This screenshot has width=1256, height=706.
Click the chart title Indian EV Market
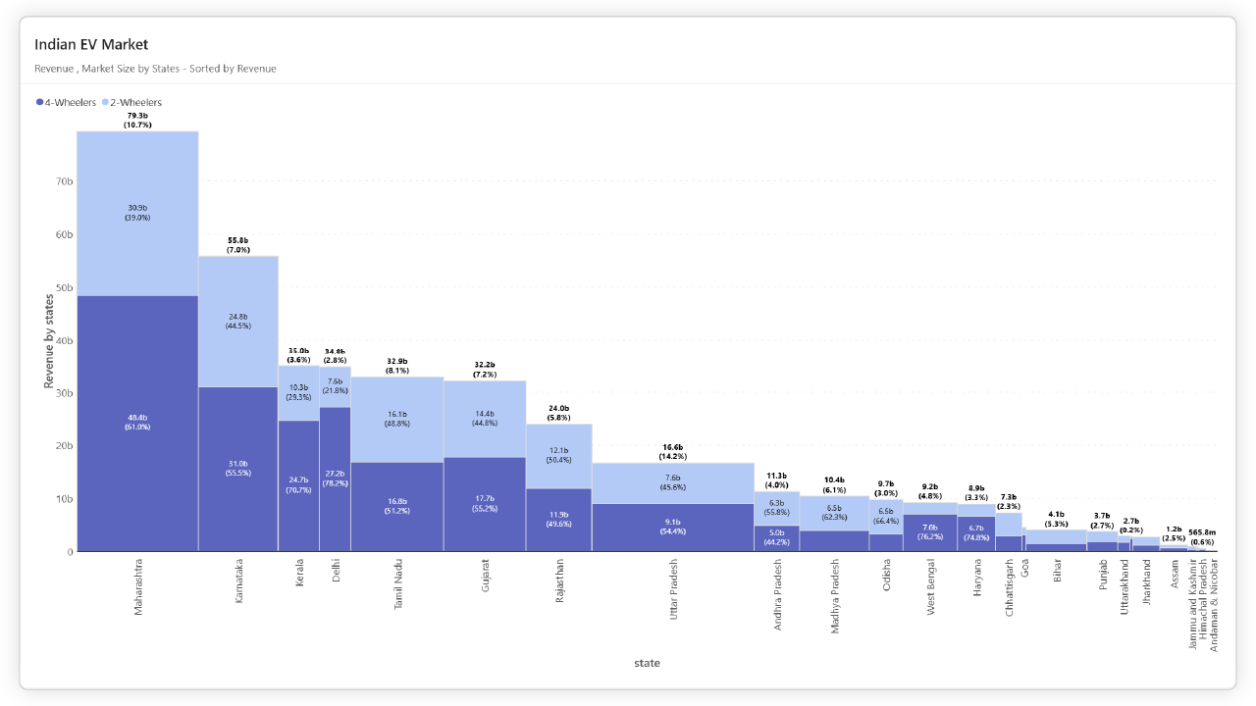(91, 44)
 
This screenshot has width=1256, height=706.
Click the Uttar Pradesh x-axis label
(673, 588)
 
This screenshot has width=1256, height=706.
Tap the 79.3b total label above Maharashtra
(137, 116)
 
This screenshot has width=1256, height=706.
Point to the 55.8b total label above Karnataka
(238, 240)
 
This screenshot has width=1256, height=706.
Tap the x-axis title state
(647, 663)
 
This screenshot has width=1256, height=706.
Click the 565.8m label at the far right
(1202, 532)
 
